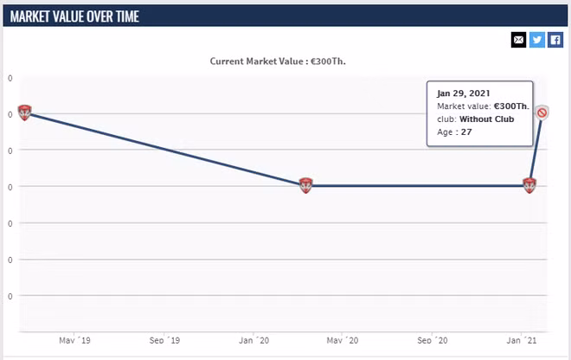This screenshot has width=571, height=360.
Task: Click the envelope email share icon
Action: coord(518,40)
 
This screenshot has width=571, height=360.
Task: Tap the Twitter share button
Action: coord(537,40)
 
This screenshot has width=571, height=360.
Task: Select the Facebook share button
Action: coord(555,40)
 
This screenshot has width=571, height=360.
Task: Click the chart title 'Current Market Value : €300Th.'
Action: coord(284,61)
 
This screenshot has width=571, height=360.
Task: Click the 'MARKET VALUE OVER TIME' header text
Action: coord(74,16)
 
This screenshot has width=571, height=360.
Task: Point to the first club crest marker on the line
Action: coord(24,112)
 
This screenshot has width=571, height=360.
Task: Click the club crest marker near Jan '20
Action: coord(305,185)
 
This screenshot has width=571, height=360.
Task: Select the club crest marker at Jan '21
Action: coord(529,185)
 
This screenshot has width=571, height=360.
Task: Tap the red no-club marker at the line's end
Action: coord(542,112)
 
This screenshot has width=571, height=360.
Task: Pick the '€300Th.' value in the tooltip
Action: coord(511,106)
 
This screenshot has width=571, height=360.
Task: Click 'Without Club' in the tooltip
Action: coord(486,119)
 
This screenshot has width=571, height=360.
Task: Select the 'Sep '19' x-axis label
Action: coord(164,340)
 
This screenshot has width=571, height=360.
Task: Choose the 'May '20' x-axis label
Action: coord(343,340)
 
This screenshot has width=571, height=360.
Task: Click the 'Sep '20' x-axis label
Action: coord(433,340)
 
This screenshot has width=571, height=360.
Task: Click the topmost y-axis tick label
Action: coord(10,78)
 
